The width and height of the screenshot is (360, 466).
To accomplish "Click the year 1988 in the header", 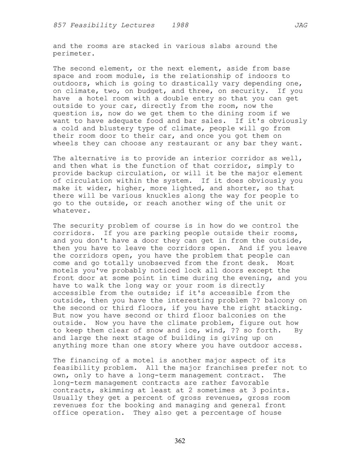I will point(180,25).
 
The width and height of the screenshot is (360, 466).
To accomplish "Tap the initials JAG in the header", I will point(301,25).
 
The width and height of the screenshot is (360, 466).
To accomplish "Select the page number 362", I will point(180,441).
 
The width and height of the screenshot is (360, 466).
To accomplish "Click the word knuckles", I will point(163,196).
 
